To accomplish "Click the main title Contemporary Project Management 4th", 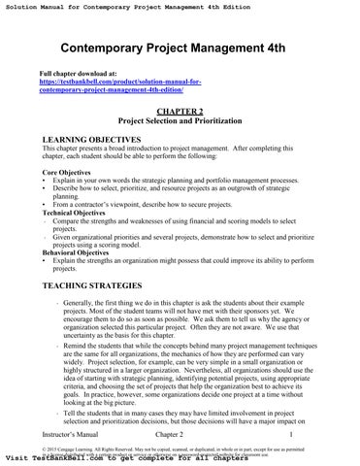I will [180, 50].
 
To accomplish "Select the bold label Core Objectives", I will [67, 171].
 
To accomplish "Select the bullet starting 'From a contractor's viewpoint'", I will [146, 204].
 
